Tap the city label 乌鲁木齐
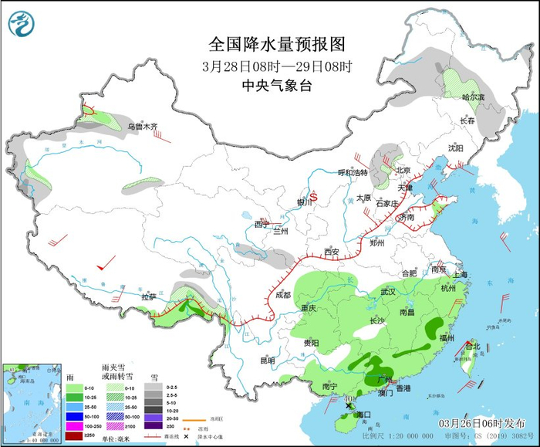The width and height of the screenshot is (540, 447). (142, 126)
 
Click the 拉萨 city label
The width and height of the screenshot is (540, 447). (149, 296)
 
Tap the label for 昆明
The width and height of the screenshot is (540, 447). (267, 360)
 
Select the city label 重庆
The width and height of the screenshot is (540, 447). (309, 308)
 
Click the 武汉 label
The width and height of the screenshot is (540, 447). (387, 292)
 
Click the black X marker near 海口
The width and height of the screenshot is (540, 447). (349, 405)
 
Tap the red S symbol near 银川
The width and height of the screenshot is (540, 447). (313, 195)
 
